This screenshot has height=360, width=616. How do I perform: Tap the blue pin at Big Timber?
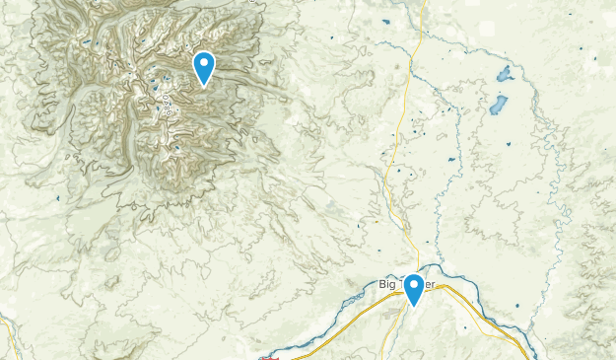(415, 289)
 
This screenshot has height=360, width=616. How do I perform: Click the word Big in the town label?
(386, 285)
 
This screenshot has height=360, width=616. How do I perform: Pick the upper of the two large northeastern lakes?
(506, 74)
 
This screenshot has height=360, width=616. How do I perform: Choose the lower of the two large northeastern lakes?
(498, 105)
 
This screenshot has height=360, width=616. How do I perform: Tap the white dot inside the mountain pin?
(204, 63)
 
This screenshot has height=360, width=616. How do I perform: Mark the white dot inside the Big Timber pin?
(415, 285)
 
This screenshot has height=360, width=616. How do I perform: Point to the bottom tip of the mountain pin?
(204, 86)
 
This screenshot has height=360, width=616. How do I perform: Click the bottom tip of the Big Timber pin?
(415, 307)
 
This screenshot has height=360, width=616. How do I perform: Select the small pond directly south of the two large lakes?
(509, 146)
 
